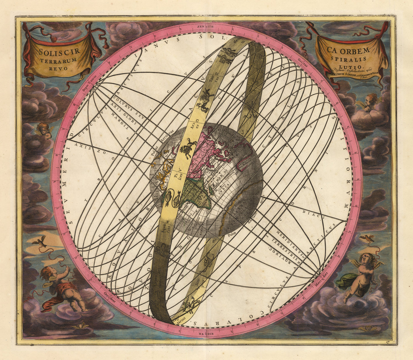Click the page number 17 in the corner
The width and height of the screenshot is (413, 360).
click(388, 342)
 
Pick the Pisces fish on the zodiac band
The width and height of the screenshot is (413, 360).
click(172, 197)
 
